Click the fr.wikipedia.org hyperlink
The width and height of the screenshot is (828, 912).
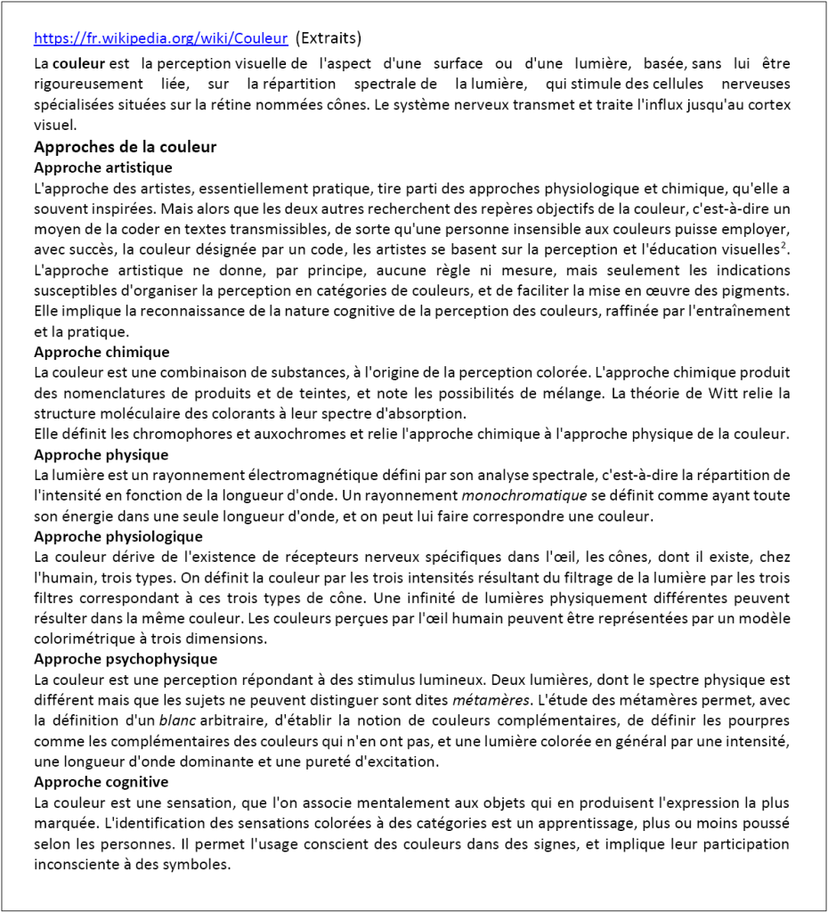(x=160, y=39)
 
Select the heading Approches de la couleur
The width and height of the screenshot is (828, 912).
(x=125, y=147)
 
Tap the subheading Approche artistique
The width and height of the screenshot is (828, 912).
(x=102, y=167)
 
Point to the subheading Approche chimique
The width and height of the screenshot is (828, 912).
(x=101, y=352)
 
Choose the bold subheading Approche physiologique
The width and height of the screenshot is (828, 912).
(x=118, y=536)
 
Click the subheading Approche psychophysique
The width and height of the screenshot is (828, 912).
(x=125, y=659)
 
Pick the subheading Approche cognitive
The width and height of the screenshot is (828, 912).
(x=101, y=782)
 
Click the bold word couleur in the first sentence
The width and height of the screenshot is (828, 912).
(x=78, y=64)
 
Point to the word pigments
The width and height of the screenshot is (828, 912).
(x=762, y=290)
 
